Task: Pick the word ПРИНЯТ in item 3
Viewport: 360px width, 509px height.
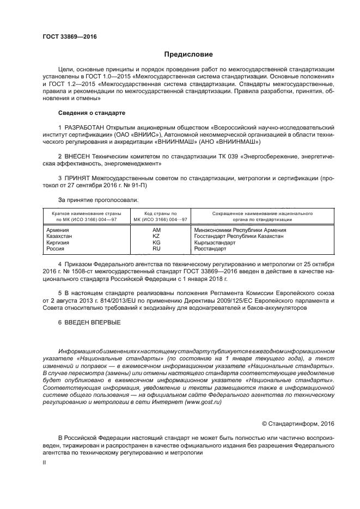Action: (77, 178)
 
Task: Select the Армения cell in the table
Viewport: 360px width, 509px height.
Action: (58, 230)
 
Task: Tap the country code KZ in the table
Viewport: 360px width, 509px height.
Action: (156, 236)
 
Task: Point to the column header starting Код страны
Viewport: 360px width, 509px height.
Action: (156, 217)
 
